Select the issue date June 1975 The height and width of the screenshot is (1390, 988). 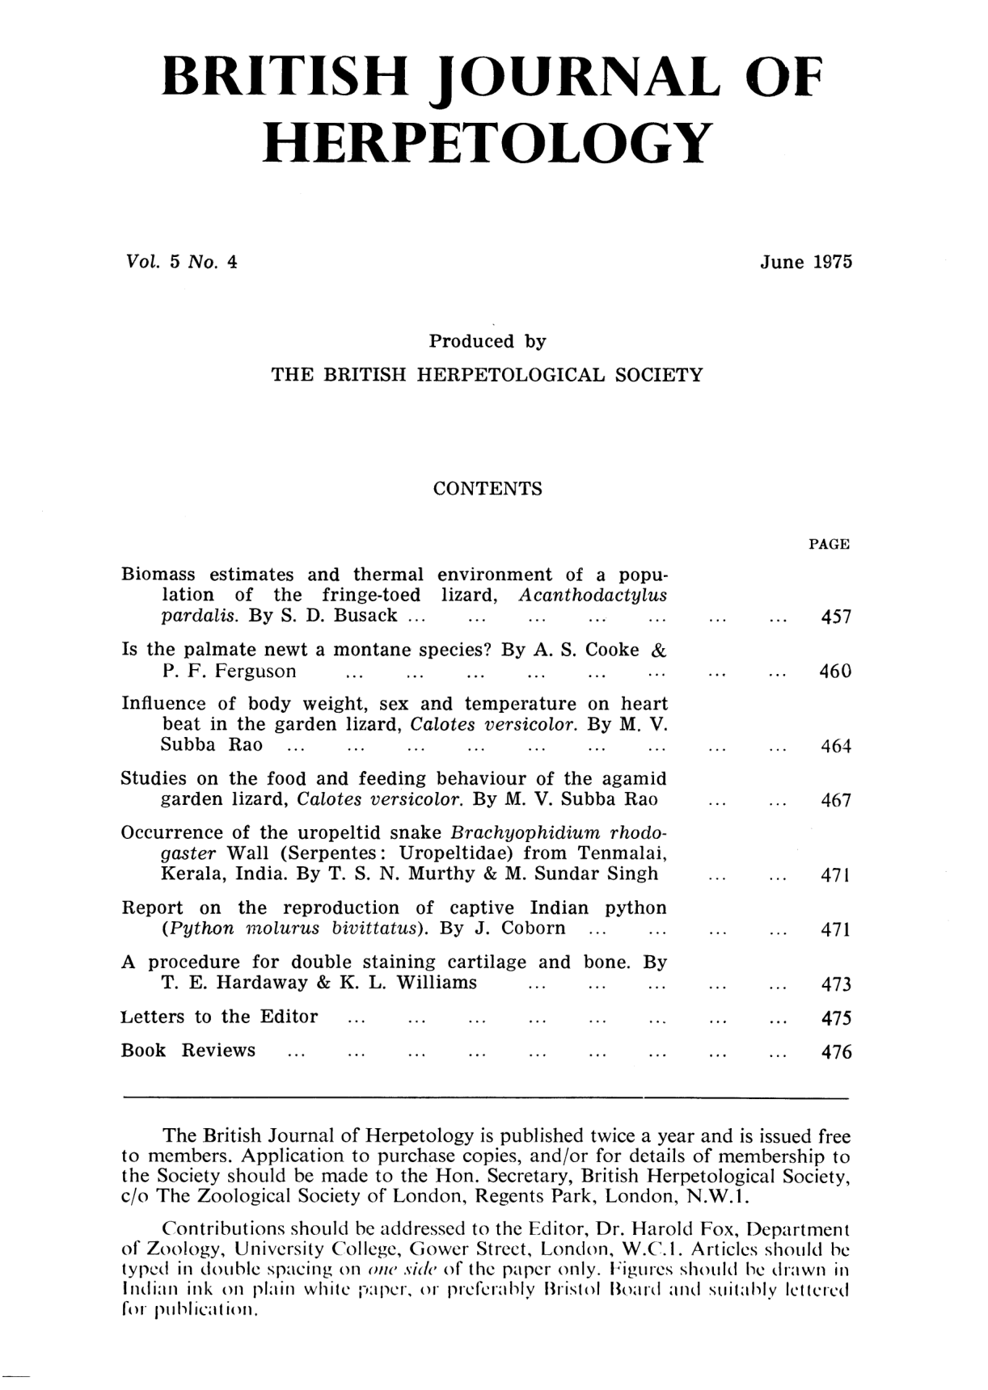805,263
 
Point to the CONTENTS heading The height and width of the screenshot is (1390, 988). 488,489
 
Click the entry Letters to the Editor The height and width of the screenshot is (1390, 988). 219,1017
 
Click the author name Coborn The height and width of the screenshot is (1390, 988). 534,928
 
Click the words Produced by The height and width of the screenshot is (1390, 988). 488,342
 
